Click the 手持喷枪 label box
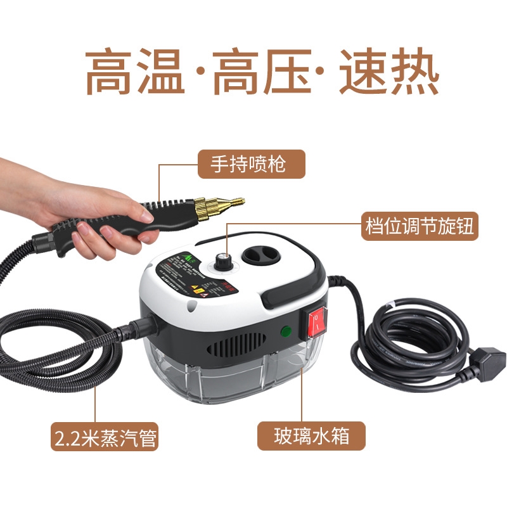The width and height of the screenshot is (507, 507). pyautogui.click(x=250, y=164)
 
